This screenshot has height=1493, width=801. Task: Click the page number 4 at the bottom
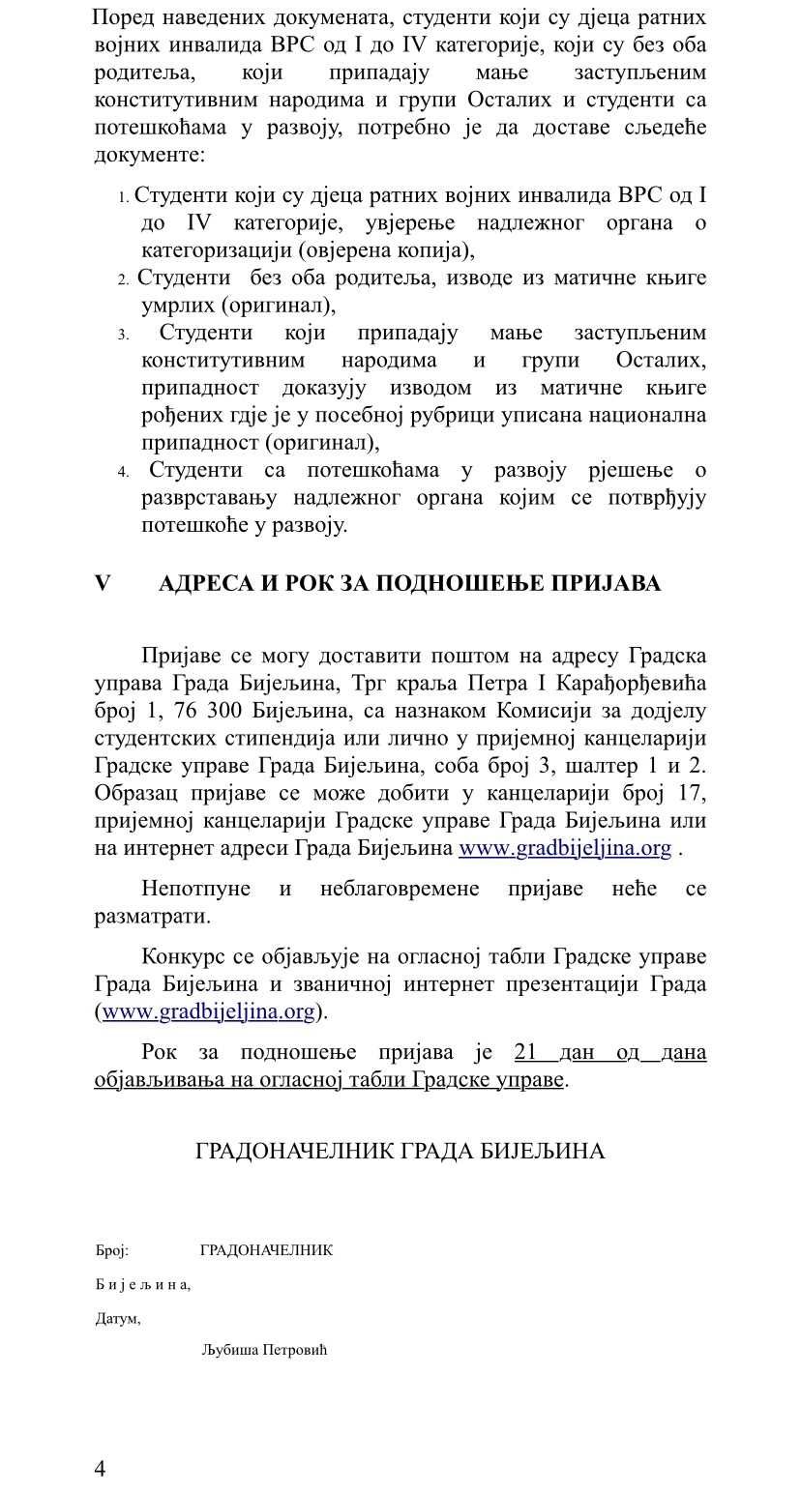click(x=101, y=1469)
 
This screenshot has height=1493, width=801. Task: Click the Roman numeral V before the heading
click(x=103, y=584)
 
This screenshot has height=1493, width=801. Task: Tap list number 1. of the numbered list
click(x=124, y=197)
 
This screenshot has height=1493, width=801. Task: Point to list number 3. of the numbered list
click(x=124, y=335)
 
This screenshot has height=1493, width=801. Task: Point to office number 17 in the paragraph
click(x=692, y=793)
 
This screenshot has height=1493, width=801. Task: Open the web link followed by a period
click(x=564, y=848)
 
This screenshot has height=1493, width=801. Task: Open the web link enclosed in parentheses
click(x=209, y=1011)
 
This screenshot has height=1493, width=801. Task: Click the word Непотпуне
click(x=195, y=889)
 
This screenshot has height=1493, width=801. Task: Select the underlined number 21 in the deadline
click(x=525, y=1052)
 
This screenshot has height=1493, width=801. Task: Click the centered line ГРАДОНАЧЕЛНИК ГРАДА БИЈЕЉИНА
click(x=400, y=1151)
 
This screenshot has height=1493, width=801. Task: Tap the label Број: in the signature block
click(x=111, y=1250)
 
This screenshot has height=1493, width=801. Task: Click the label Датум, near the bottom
click(x=117, y=1318)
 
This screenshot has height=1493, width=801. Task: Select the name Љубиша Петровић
click(x=264, y=1350)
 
